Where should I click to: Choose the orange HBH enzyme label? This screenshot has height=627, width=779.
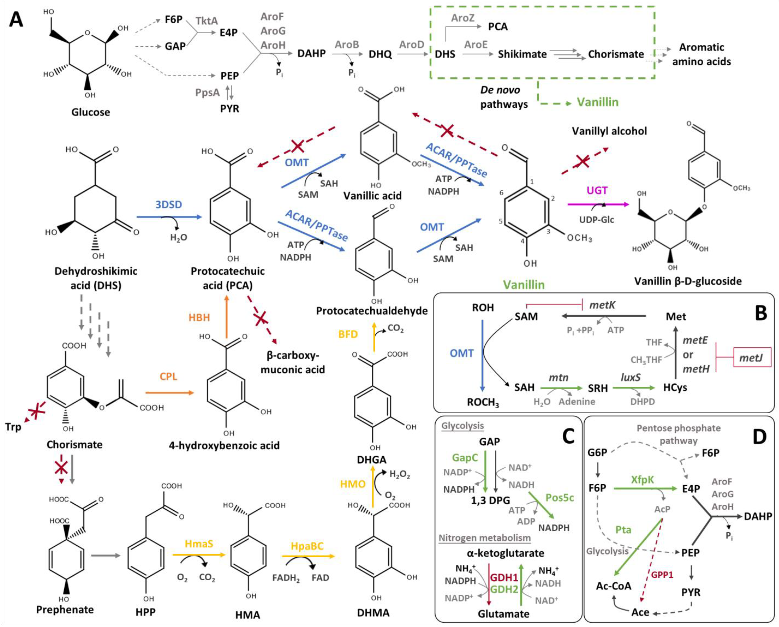pyautogui.click(x=199, y=318)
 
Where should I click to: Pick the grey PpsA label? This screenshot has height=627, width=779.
pyautogui.click(x=207, y=93)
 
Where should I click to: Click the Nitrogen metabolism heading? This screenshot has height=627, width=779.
pyautogui.click(x=485, y=538)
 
